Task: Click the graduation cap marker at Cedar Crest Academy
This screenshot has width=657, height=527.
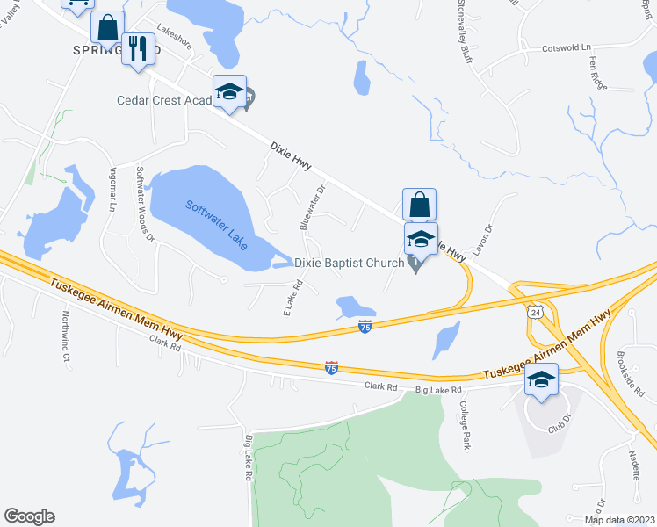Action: [228, 91]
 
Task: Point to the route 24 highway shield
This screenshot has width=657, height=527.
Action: [537, 312]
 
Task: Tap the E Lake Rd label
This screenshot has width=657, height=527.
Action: [292, 298]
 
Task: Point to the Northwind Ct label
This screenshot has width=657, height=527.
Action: [66, 335]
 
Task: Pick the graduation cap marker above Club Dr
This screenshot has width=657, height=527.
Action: [541, 381]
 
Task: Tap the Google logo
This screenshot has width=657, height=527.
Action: [29, 516]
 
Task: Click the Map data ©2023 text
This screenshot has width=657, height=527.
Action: [620, 520]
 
